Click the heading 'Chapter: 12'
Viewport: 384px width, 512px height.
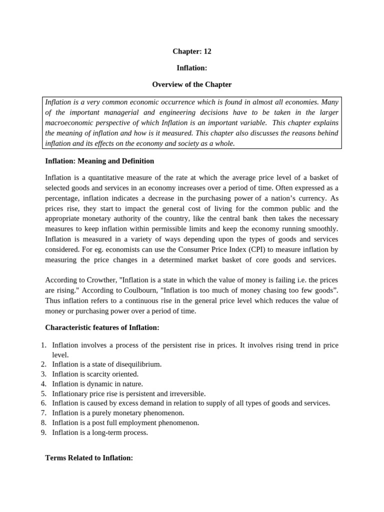(x=192, y=51)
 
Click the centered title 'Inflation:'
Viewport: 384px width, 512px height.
(x=192, y=67)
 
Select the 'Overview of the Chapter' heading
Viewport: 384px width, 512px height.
(x=192, y=84)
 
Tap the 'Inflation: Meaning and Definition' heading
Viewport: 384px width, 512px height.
(x=99, y=161)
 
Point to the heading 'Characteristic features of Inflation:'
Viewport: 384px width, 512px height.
(x=102, y=327)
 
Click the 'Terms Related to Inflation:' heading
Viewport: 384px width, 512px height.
(x=89, y=457)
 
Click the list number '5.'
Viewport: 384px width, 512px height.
(x=43, y=393)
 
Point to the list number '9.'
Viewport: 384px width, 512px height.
(x=43, y=432)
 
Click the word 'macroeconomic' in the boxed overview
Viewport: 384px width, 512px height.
(x=67, y=123)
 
